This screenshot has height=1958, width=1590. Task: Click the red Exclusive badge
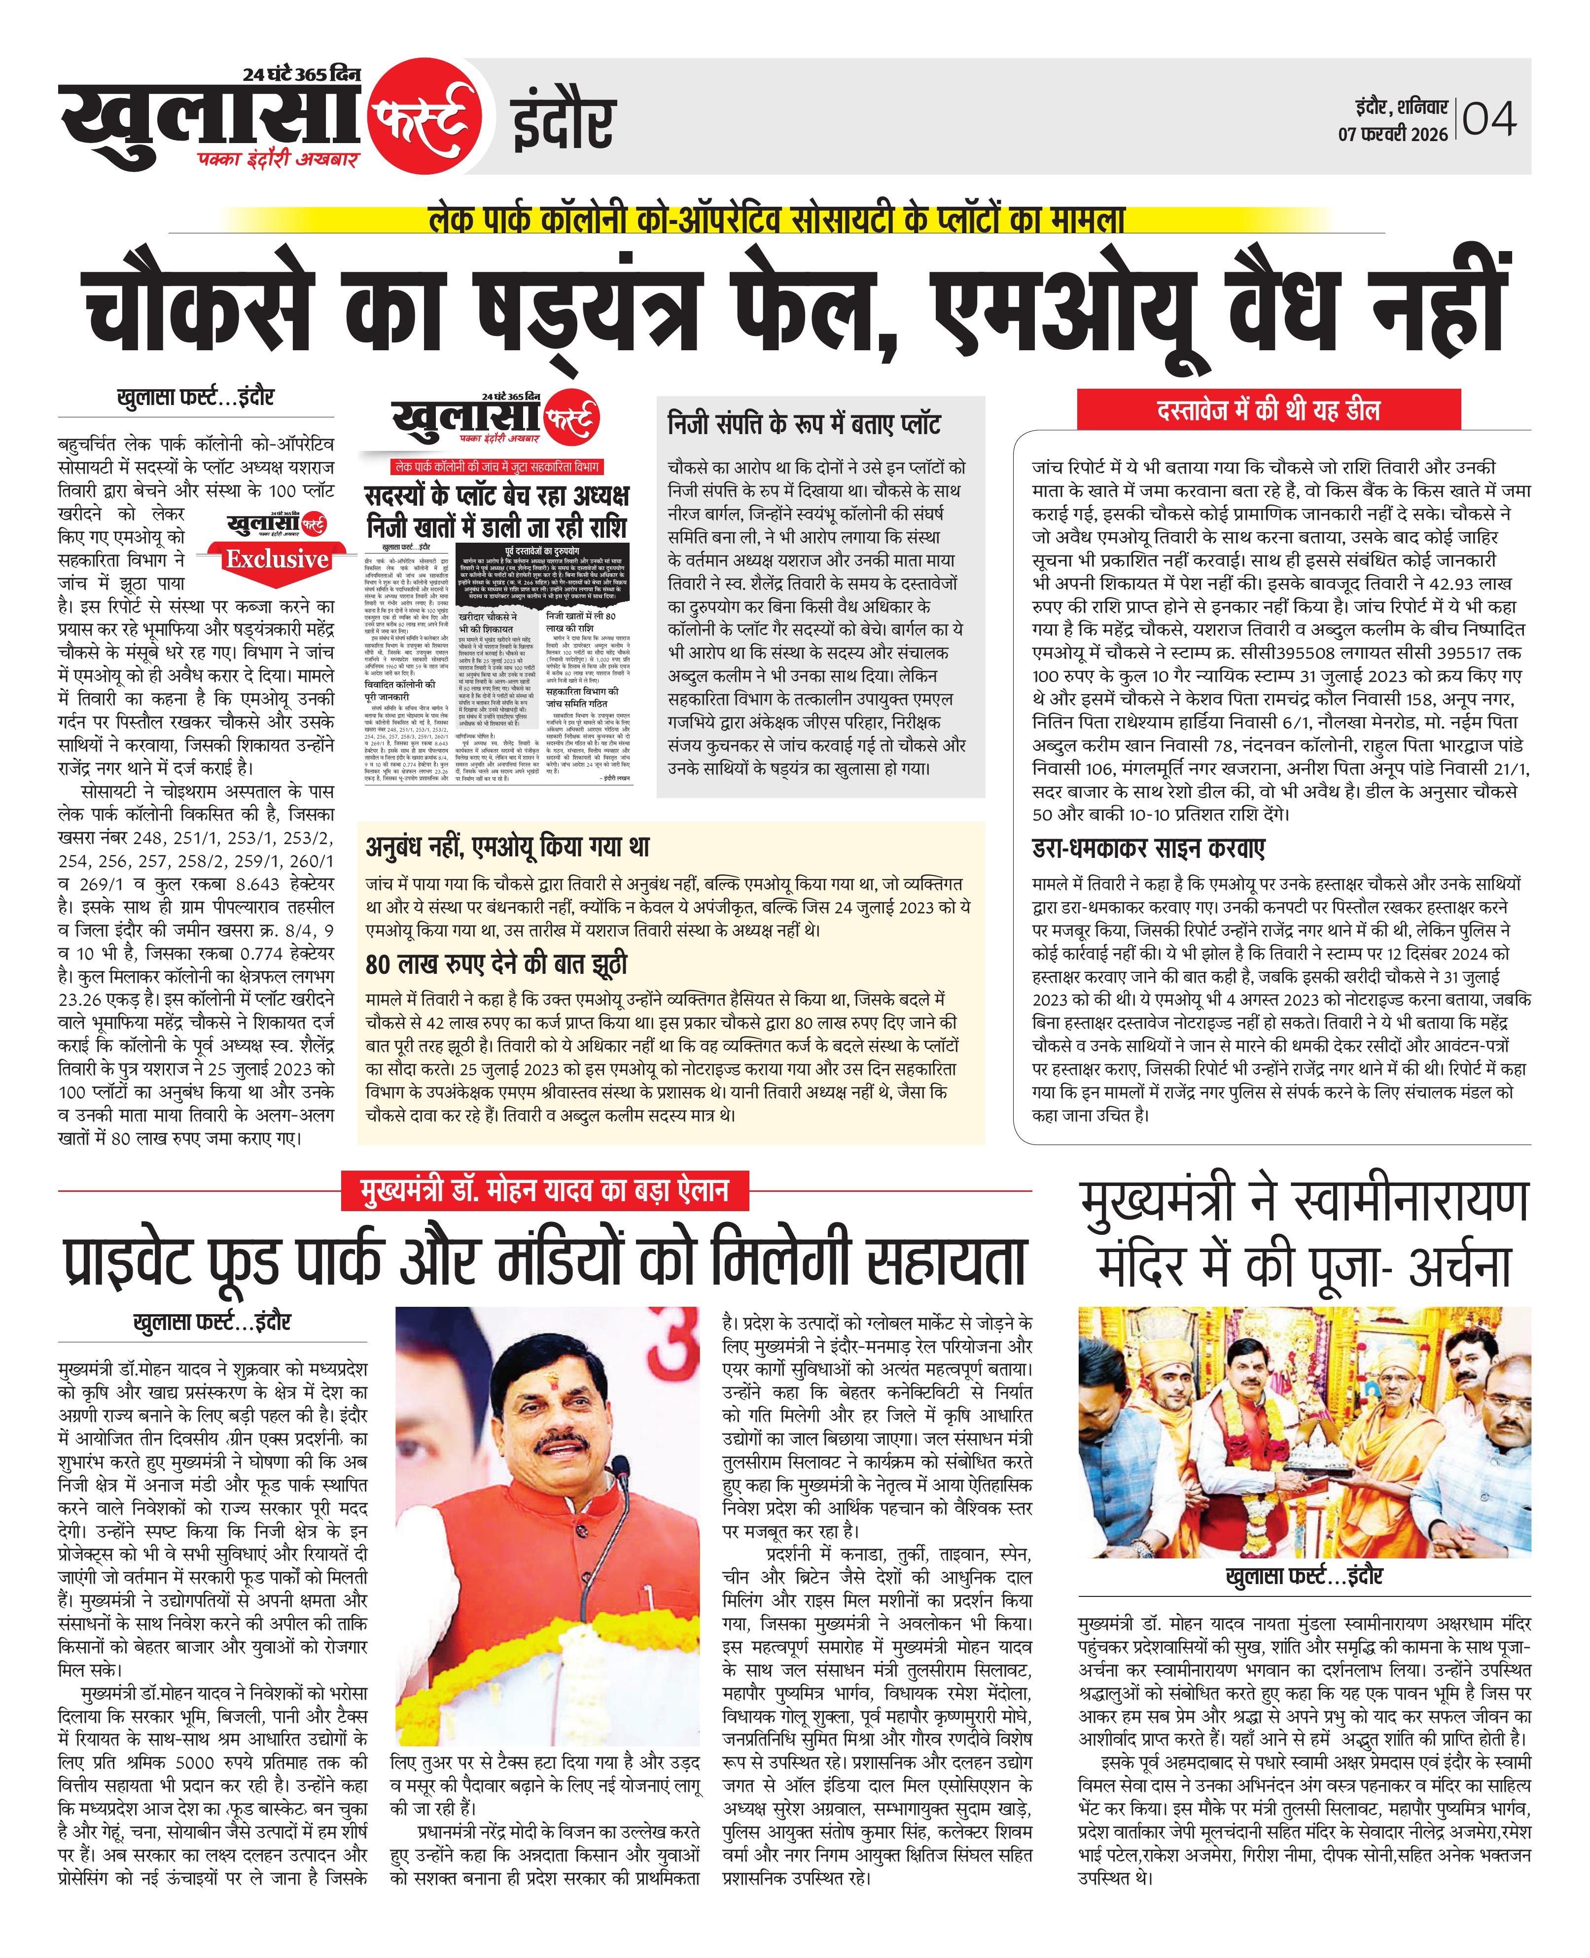[277, 559]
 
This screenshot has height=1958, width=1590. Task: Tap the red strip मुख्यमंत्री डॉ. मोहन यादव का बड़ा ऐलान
[544, 1191]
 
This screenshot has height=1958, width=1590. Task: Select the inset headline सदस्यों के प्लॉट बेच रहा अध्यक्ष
[496, 496]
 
